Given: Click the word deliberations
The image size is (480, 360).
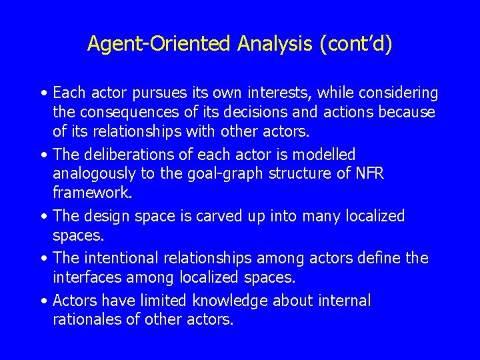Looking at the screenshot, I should (128, 154).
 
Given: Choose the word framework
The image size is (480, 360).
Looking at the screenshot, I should (92, 193).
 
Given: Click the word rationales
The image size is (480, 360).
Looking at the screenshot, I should (87, 319).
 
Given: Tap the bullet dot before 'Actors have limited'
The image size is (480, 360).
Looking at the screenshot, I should (43, 301).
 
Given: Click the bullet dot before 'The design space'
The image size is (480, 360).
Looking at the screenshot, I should (43, 217).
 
